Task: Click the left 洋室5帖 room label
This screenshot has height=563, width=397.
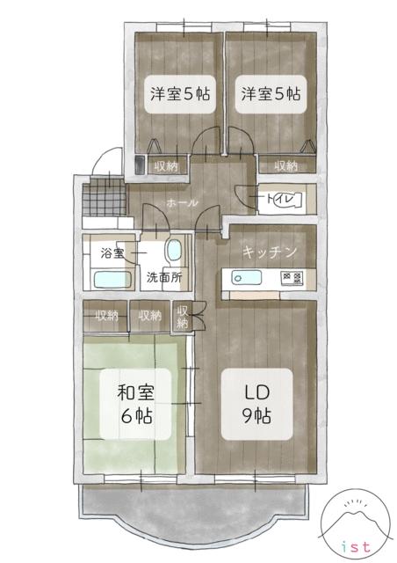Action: pos(178,92)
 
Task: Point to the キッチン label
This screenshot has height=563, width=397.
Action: pos(271,252)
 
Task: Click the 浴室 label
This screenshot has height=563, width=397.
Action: pos(112,253)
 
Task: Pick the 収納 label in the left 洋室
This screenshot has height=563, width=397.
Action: pos(167,165)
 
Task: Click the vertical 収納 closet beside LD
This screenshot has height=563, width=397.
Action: pos(183,318)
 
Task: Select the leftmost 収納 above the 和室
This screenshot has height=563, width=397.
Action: pos(105,314)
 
